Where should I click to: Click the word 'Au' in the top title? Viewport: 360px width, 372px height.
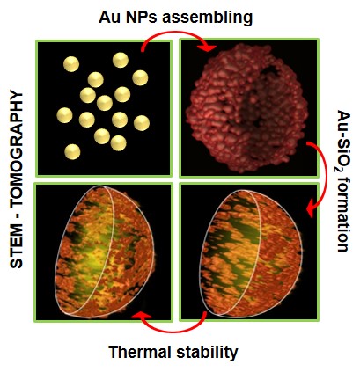[x=107, y=17]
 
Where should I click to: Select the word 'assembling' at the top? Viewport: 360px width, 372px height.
[x=207, y=18]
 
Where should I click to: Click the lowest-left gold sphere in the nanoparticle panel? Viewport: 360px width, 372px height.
[x=72, y=151]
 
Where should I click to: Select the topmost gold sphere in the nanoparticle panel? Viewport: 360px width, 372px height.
[x=121, y=60]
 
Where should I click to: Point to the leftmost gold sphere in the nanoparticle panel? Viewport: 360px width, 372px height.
[x=64, y=115]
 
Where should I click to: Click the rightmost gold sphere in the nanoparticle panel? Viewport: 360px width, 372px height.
[x=142, y=123]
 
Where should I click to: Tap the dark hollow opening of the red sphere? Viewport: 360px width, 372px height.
[x=258, y=97]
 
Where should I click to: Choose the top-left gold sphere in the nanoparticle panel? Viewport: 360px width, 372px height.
[x=71, y=64]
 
